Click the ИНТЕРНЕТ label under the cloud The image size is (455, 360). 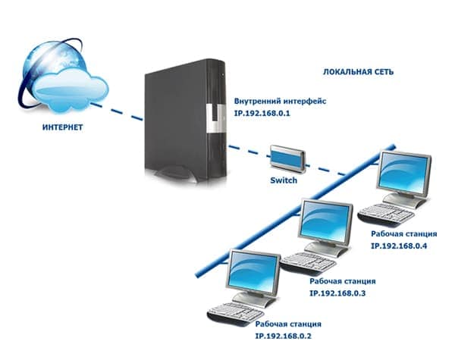coord(62,127)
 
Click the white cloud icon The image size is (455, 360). coord(71,89)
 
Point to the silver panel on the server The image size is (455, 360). coord(215,119)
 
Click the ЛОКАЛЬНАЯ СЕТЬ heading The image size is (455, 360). coord(358,72)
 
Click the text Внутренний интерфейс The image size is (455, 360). coord(280,102)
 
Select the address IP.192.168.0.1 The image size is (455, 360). coord(262,113)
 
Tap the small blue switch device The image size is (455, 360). coord(287,159)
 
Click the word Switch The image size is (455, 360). coord(284,180)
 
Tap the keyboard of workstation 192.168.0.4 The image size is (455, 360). coord(386,215)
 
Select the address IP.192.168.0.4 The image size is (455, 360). coord(399,246)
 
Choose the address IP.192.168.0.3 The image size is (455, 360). coord(337,293)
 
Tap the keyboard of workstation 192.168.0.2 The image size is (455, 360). coord(236,315)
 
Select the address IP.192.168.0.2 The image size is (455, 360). coord(283,337)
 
